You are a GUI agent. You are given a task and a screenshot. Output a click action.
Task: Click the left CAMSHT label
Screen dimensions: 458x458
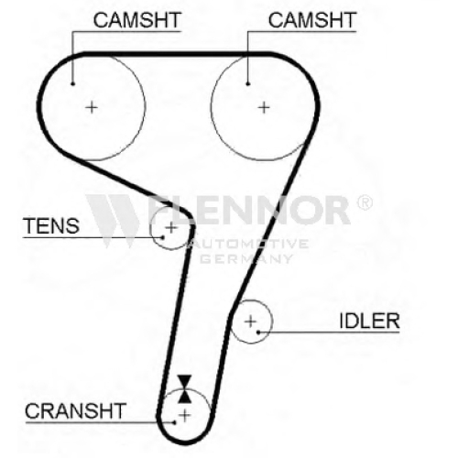click(x=137, y=20)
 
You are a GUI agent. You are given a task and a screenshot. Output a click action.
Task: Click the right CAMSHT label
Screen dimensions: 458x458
click(x=312, y=20)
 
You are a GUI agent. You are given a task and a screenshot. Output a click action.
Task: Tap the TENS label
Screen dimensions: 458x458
click(x=51, y=226)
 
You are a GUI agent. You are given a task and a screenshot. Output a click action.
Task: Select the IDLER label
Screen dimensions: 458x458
click(x=369, y=321)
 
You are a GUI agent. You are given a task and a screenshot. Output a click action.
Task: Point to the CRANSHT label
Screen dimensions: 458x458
click(x=75, y=411)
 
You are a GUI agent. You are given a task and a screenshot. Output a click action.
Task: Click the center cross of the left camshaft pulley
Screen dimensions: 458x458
click(x=92, y=107)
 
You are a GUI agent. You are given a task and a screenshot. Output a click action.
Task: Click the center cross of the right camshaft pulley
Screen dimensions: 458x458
click(x=264, y=107)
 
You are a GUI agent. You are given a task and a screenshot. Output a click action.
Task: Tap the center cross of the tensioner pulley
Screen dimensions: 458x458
click(x=171, y=227)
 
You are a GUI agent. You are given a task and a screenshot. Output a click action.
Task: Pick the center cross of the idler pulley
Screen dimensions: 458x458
click(x=250, y=322)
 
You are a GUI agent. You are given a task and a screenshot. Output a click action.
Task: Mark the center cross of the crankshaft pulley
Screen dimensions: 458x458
click(x=185, y=416)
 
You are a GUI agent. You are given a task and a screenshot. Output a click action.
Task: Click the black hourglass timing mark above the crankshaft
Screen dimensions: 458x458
click(x=185, y=388)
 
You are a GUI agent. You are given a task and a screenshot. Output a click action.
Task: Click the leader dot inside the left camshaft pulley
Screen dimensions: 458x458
click(x=72, y=83)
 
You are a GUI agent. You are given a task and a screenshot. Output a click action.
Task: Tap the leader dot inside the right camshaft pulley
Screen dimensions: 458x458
click(x=248, y=83)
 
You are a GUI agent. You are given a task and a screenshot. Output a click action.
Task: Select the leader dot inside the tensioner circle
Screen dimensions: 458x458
click(x=163, y=237)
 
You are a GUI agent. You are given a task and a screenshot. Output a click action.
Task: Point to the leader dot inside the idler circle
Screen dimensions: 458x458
click(x=258, y=332)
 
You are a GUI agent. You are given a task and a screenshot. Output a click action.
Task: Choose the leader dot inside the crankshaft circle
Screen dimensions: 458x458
click(x=174, y=422)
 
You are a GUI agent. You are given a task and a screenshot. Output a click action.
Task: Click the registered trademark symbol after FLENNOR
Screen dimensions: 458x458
click(x=365, y=202)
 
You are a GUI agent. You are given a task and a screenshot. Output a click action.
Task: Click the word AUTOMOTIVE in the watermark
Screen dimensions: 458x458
click(x=248, y=244)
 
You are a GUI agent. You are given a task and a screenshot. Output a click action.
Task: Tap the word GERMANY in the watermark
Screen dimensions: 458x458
click(x=246, y=259)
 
